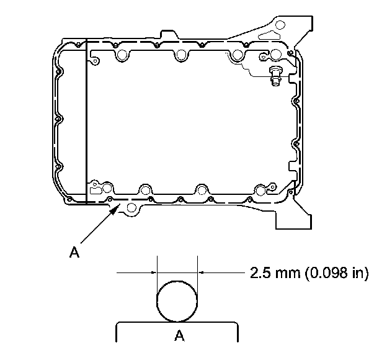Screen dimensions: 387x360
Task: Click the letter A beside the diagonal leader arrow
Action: click(74, 252)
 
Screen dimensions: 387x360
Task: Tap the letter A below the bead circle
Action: click(179, 336)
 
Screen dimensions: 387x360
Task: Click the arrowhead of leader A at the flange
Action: click(115, 209)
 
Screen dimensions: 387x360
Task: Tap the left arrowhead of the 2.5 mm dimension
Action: click(154, 272)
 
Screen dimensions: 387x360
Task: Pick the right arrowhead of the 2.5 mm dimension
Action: click(201, 272)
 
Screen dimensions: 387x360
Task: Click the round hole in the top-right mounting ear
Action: click(280, 25)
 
